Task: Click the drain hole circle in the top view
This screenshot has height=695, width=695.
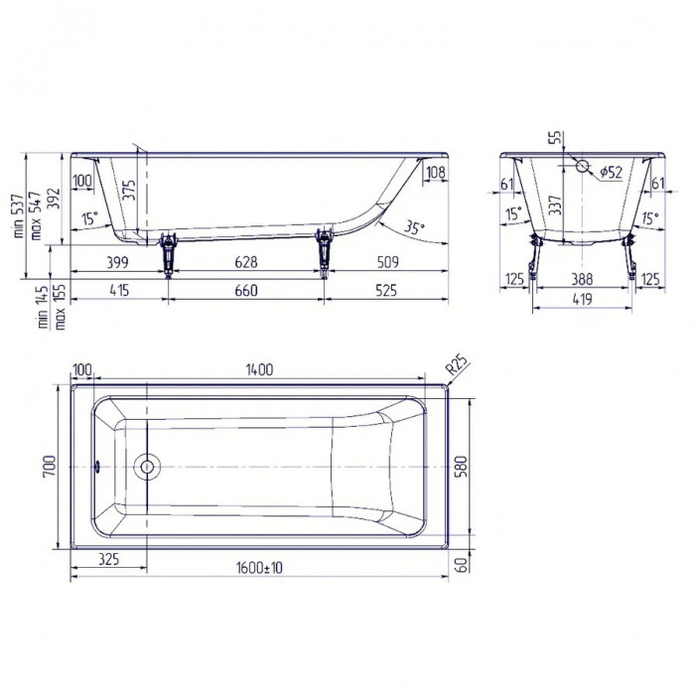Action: point(147,466)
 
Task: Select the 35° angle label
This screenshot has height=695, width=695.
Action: point(415,227)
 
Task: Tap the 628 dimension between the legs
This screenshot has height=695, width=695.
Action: point(245,263)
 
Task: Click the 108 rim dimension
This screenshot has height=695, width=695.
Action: point(435,174)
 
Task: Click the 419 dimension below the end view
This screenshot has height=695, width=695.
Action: point(584,297)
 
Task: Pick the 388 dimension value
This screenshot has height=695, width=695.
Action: point(584,280)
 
